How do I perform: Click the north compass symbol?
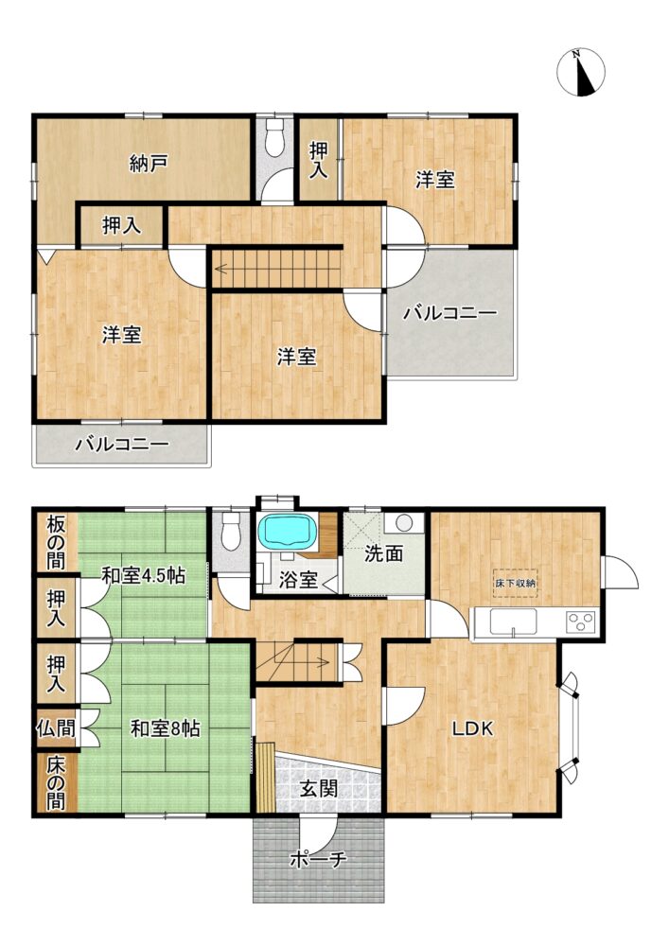[x=580, y=73]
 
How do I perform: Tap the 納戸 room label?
[x=149, y=164]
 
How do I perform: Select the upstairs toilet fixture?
[x=275, y=137]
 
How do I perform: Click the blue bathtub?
[x=289, y=531]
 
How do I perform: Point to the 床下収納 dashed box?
[x=515, y=583]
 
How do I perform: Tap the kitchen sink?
[x=514, y=622]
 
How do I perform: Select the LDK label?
[x=473, y=728]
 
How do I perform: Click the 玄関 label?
[x=319, y=788]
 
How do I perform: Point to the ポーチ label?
[x=318, y=859]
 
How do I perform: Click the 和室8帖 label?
[x=166, y=728]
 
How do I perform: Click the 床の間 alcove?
[x=56, y=782]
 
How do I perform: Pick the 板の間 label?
[x=56, y=542]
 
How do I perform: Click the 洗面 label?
[x=383, y=553]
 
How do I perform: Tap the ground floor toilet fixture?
[x=231, y=531]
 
